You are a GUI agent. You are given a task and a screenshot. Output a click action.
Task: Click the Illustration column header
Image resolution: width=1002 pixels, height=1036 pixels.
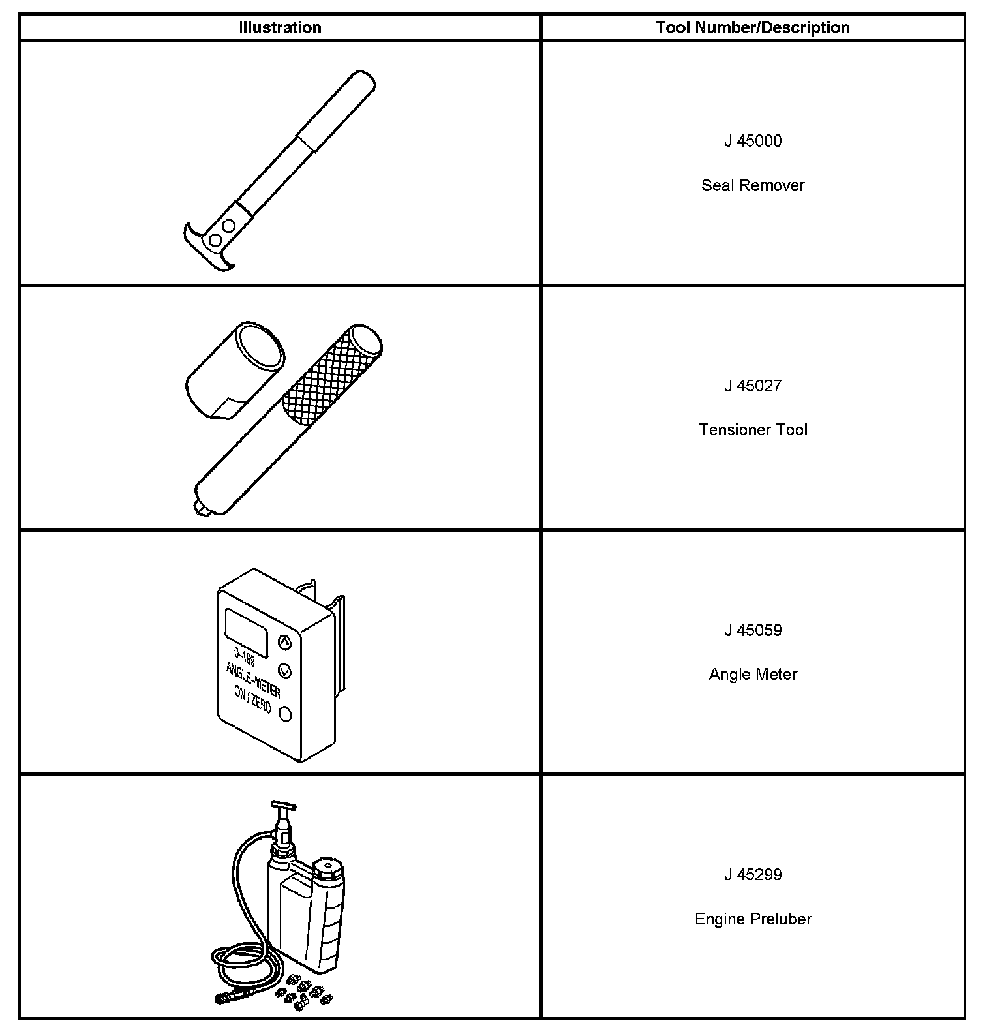point(280,27)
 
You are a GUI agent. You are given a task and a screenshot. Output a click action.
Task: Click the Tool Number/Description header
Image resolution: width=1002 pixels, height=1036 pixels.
point(753,27)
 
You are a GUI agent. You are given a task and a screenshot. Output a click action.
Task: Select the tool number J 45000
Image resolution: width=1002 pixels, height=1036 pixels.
point(753,141)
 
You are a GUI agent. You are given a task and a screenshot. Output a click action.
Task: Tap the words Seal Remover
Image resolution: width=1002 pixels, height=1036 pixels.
point(753,185)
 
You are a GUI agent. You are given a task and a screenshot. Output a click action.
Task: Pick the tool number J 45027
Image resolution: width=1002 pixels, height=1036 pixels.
point(753,386)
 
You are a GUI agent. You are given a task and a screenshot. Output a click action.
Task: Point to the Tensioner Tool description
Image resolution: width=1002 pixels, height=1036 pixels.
point(753,430)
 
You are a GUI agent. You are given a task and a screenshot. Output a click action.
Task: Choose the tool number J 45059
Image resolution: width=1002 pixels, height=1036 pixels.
point(753,630)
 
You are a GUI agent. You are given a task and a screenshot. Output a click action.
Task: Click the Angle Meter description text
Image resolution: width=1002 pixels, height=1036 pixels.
point(753,674)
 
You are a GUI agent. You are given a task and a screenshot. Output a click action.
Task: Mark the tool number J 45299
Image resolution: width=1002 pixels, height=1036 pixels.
point(753,875)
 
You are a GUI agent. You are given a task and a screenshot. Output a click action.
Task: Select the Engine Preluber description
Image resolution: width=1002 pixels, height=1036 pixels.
point(753,919)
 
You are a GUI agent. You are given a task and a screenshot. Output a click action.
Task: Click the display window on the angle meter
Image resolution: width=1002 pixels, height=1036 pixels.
point(246,632)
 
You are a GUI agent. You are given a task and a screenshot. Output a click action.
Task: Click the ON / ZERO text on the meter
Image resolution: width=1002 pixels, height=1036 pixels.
point(252,700)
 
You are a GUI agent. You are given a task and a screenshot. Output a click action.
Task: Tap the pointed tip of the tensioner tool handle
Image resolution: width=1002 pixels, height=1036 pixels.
point(198,509)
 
